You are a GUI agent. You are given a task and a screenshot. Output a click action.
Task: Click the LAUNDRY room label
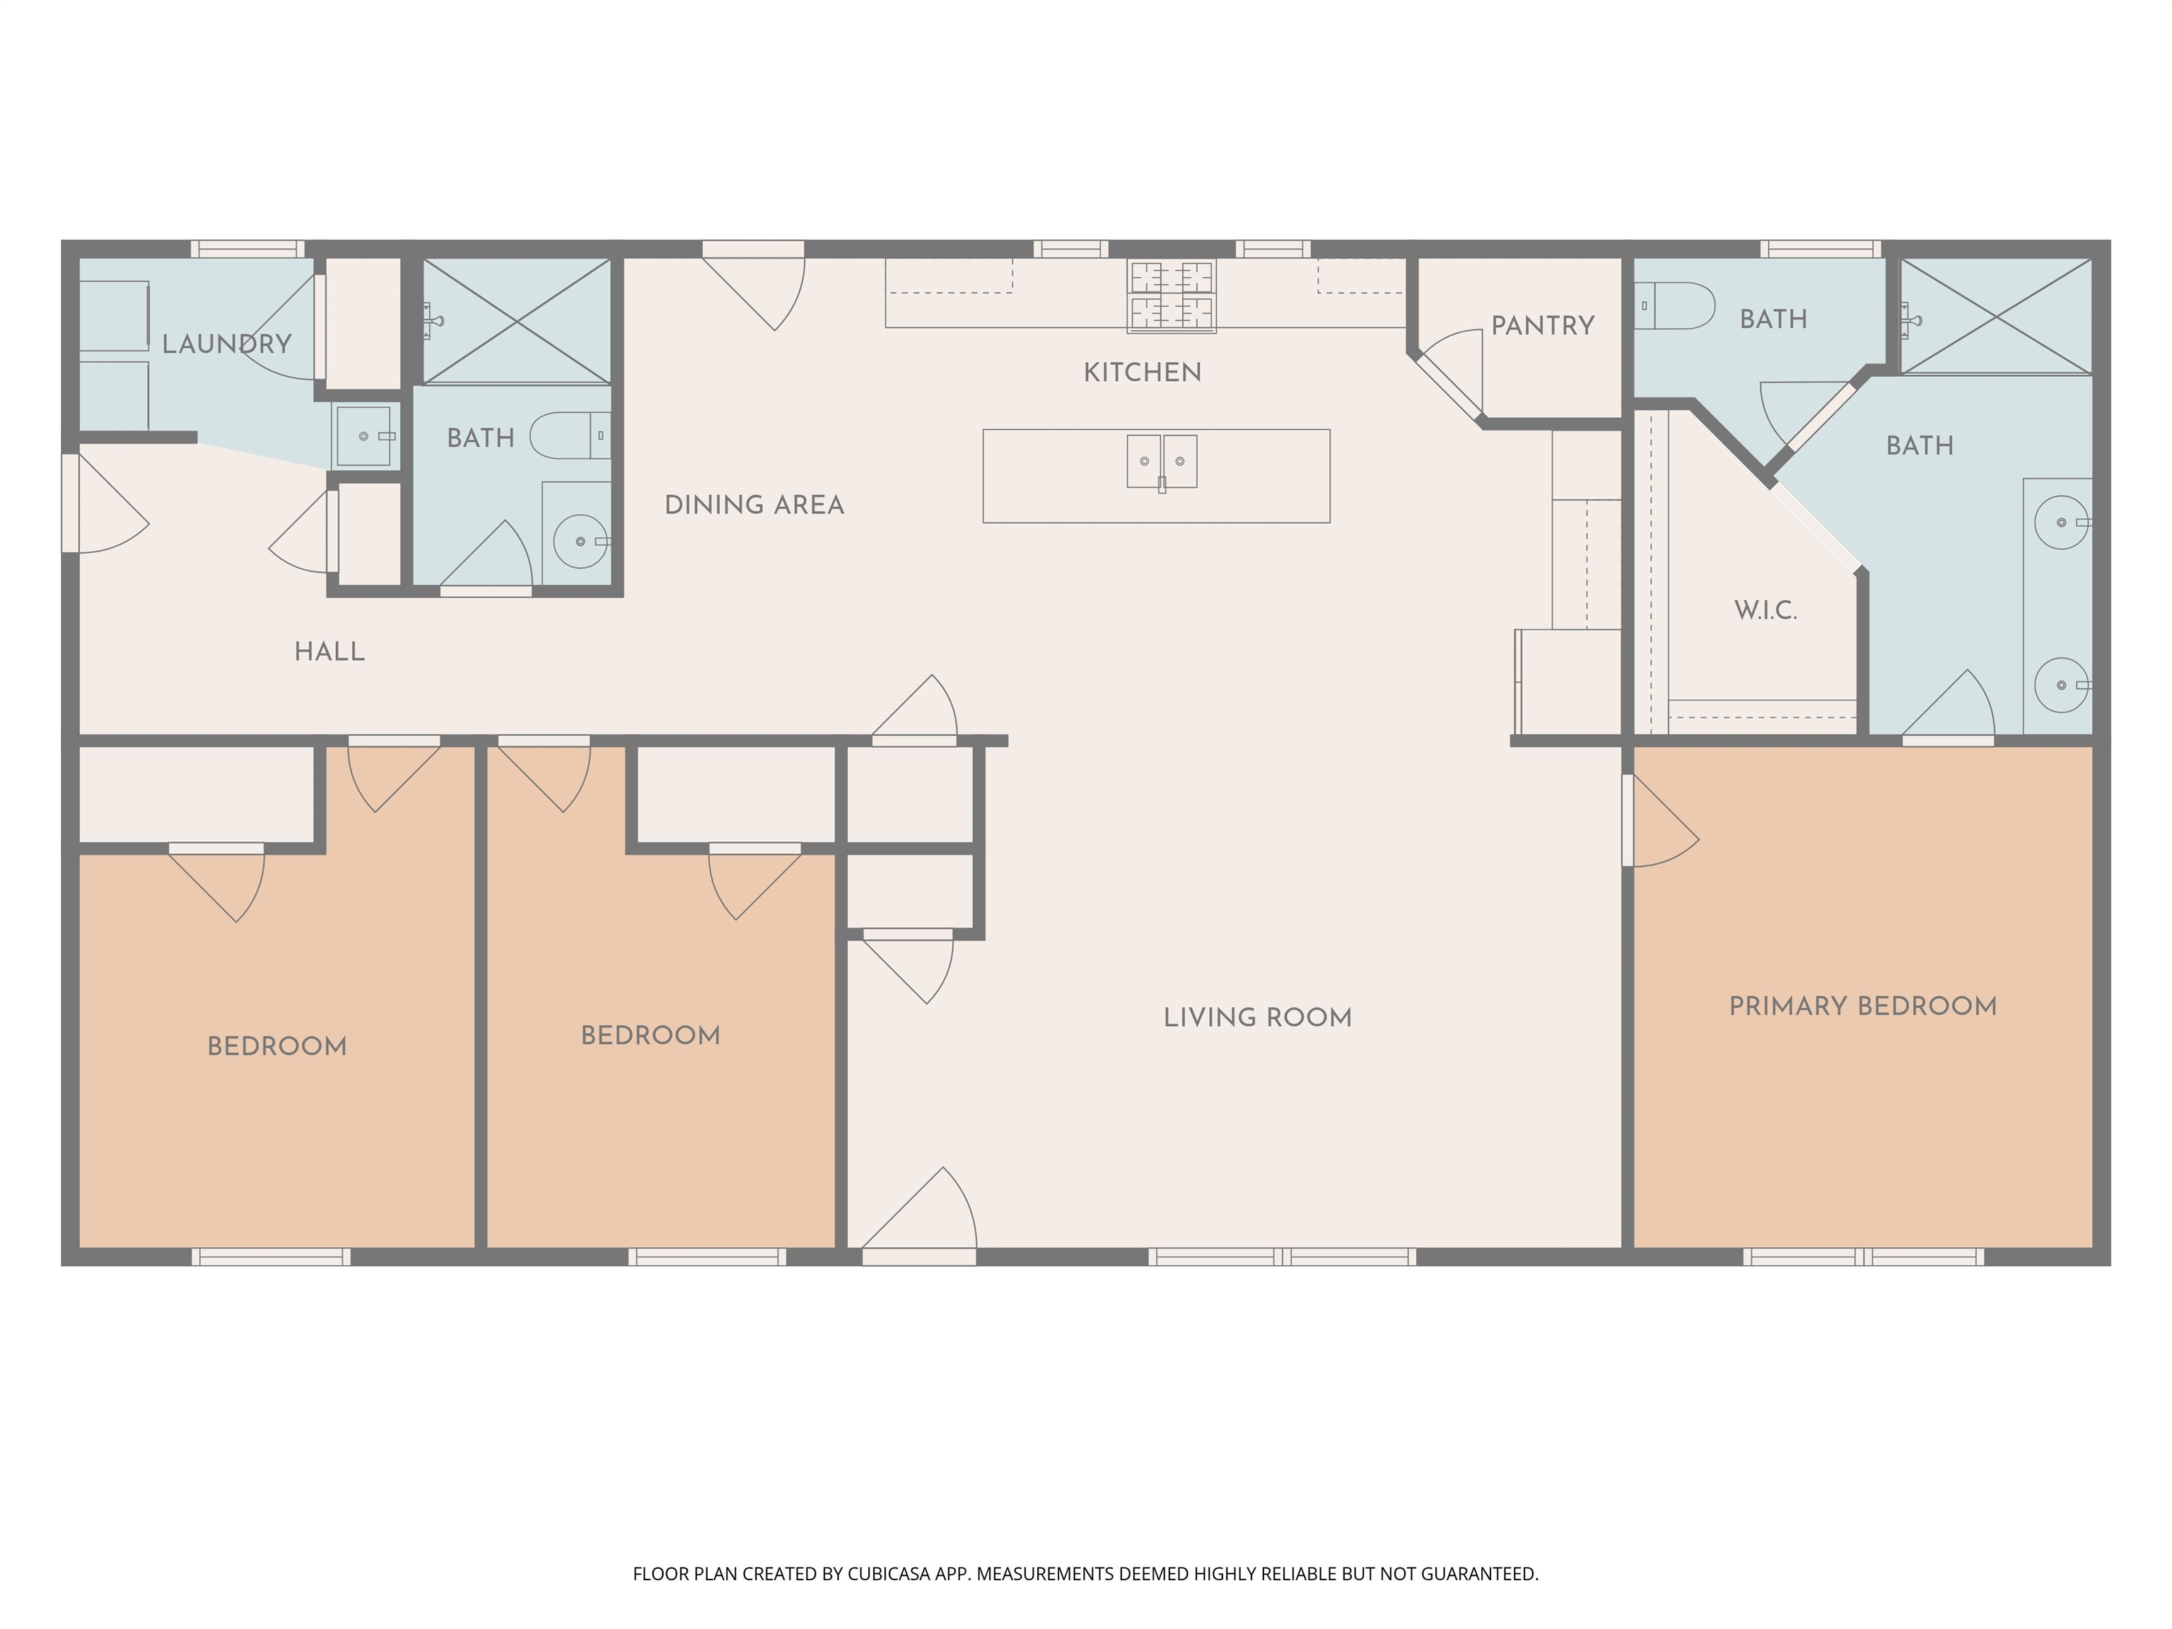click(x=227, y=344)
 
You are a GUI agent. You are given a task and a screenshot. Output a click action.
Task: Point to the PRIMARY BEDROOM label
click(x=1863, y=1007)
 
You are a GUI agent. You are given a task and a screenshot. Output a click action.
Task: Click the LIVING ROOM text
click(x=1257, y=1017)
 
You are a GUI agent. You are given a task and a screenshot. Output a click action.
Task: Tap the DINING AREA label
click(x=754, y=505)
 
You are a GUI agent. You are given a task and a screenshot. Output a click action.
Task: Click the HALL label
click(x=330, y=651)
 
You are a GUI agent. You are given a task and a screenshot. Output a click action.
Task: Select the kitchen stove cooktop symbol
click(x=1172, y=296)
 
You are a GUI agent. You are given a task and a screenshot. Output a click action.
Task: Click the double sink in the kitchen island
click(x=1162, y=462)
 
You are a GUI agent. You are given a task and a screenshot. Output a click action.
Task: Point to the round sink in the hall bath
click(x=581, y=541)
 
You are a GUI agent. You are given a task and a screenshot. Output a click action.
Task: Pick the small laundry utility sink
click(x=364, y=436)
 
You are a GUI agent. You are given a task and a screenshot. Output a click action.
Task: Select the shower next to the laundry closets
click(x=517, y=320)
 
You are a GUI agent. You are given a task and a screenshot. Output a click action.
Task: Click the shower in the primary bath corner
click(x=1996, y=316)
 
